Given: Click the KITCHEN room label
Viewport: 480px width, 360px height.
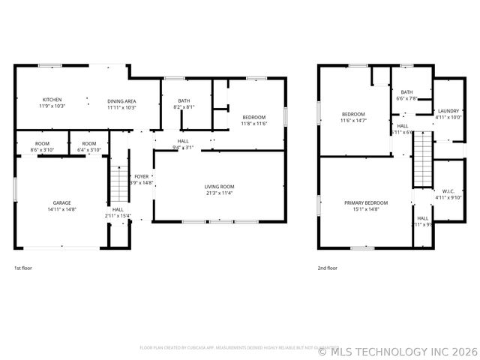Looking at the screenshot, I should click(x=52, y=100).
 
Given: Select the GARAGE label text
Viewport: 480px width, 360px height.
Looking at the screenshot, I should click(x=61, y=203).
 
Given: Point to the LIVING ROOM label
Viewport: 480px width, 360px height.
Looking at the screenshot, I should click(x=220, y=187).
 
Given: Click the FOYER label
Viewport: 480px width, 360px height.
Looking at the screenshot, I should click(x=142, y=176).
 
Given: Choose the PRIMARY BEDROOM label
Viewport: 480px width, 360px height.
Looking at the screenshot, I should click(x=366, y=203).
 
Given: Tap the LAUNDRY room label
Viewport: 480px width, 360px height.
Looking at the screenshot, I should click(x=448, y=111).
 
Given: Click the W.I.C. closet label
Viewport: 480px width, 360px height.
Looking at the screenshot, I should click(x=448, y=191).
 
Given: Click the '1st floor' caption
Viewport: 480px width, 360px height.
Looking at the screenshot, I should click(x=23, y=268).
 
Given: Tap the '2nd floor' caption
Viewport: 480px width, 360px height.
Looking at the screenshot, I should click(x=328, y=268).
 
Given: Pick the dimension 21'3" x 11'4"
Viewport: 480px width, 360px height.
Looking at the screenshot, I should click(x=220, y=193).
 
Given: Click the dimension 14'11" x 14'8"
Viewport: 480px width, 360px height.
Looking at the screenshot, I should click(x=61, y=209).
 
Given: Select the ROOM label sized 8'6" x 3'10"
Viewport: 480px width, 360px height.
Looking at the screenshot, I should click(x=42, y=144).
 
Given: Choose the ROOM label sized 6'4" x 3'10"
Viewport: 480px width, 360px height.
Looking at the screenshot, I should click(x=89, y=144).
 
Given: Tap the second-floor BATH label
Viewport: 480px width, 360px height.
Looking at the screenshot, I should click(x=406, y=92).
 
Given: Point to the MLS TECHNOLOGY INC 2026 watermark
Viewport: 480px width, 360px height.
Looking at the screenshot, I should click(x=397, y=350).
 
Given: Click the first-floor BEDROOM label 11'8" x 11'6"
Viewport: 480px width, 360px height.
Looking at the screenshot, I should click(x=255, y=118).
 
